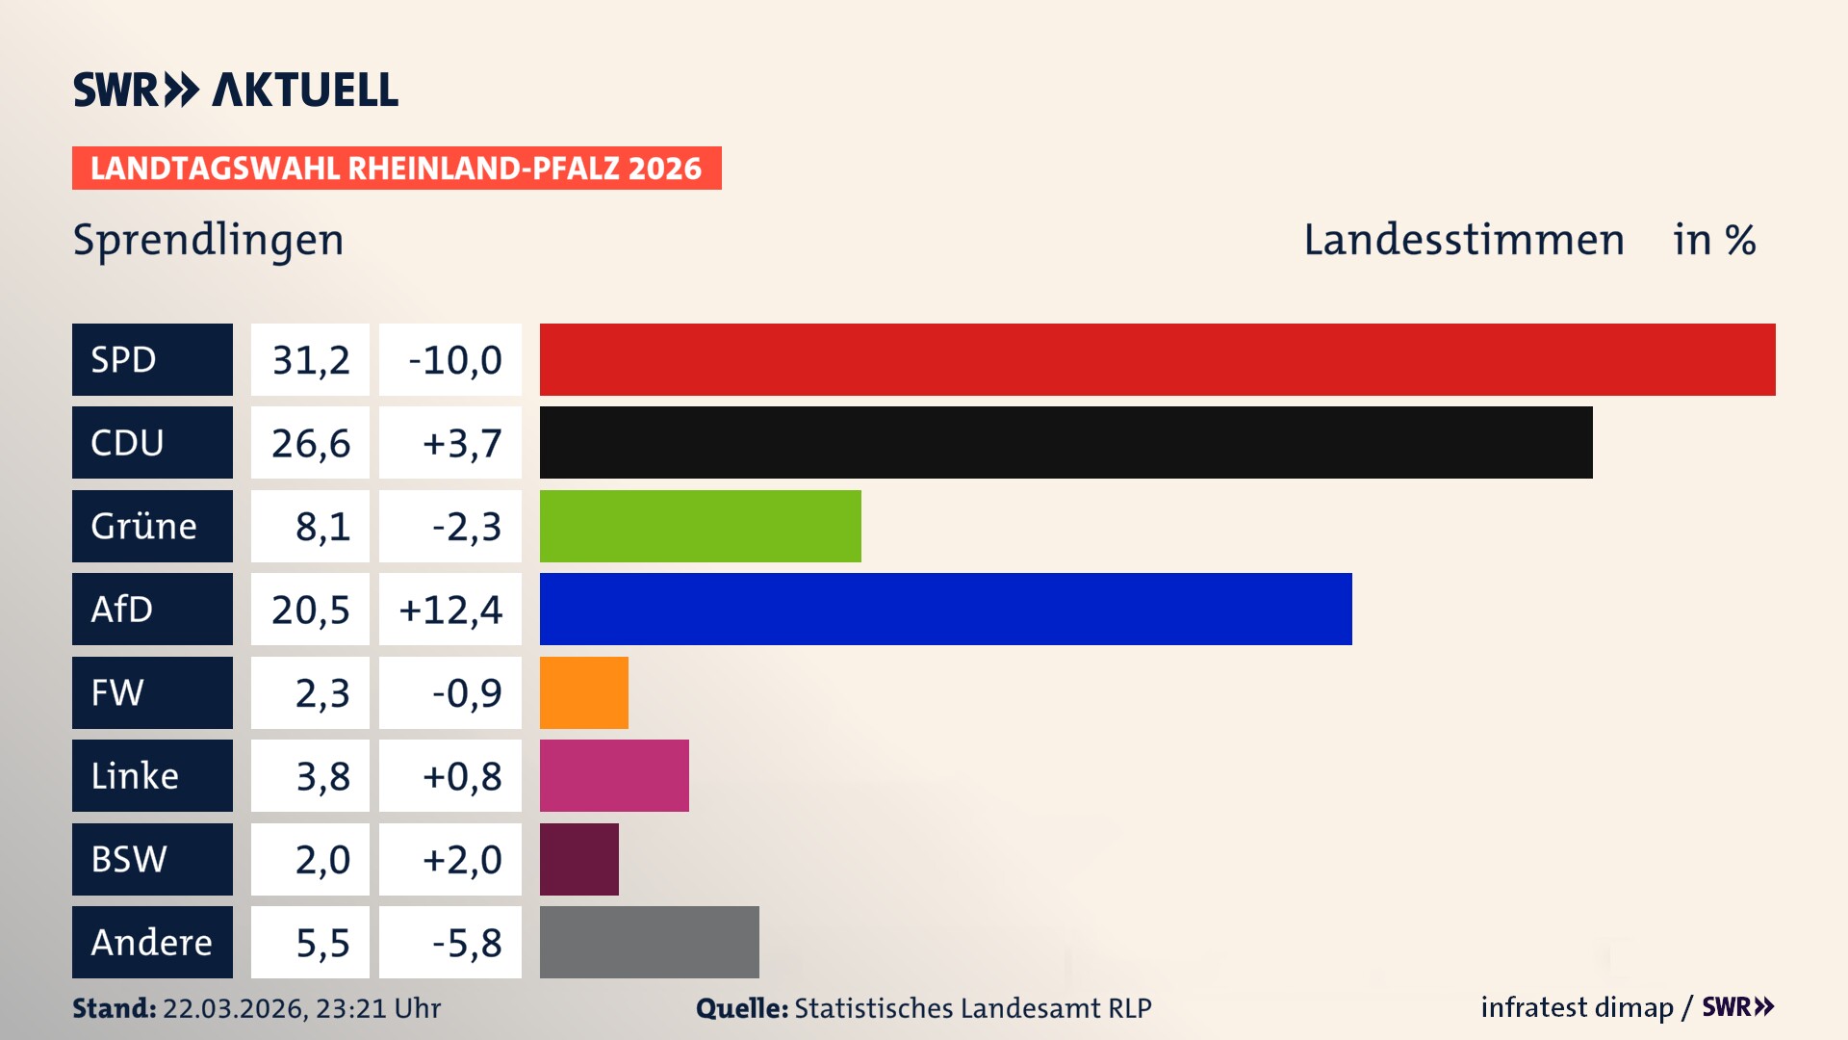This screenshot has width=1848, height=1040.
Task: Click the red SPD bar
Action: tap(1157, 359)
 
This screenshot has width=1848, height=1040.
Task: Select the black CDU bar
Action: tap(1065, 442)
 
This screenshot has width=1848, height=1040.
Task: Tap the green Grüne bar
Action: tap(700, 526)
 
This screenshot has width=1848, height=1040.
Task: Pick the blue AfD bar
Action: tap(945, 609)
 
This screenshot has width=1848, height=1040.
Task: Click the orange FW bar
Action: tap(583, 692)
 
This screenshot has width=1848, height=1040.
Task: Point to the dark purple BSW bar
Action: tap(578, 859)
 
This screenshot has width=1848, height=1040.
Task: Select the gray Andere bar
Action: tap(649, 942)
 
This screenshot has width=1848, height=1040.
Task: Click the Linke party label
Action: tap(135, 775)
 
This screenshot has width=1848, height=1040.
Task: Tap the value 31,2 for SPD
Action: tap(310, 359)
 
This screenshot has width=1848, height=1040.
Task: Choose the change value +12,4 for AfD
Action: tap(450, 609)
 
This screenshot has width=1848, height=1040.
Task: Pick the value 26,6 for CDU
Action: tap(310, 442)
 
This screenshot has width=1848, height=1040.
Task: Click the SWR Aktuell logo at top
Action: tap(235, 90)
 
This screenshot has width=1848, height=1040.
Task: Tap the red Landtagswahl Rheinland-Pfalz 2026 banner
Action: tap(396, 168)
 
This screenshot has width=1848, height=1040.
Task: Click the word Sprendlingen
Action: tap(208, 240)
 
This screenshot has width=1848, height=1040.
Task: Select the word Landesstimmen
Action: tap(1463, 240)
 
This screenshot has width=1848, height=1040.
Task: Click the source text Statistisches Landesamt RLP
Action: tap(972, 1008)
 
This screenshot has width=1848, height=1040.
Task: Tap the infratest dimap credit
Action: tap(1576, 1007)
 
